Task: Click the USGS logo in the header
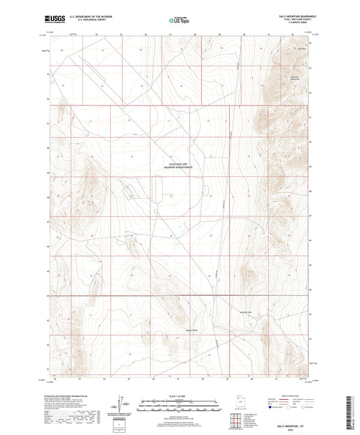click(x=54, y=20)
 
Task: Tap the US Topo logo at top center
click(x=178, y=20)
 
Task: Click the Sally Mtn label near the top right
click(x=301, y=49)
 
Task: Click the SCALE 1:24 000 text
click(x=178, y=396)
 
